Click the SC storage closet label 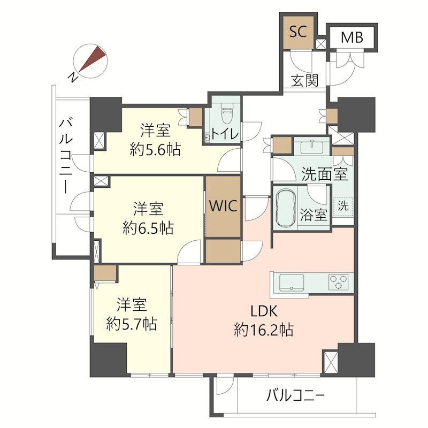pyautogui.click(x=298, y=32)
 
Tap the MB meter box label pyautogui.click(x=352, y=37)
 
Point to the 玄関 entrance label pyautogui.click(x=304, y=81)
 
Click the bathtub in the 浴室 pyautogui.click(x=286, y=208)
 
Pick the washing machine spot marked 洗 pyautogui.click(x=343, y=206)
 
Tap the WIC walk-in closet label pyautogui.click(x=223, y=206)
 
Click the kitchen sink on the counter pyautogui.click(x=291, y=282)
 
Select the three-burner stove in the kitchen pyautogui.click(x=339, y=282)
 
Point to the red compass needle pyautogui.click(x=92, y=59)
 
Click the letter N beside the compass pyautogui.click(x=72, y=78)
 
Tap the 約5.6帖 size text pyautogui.click(x=155, y=150)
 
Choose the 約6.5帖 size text pyautogui.click(x=148, y=228)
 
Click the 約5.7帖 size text pyautogui.click(x=132, y=324)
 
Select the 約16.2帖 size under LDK pyautogui.click(x=264, y=330)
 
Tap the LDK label pyautogui.click(x=264, y=311)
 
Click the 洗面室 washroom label pyautogui.click(x=325, y=174)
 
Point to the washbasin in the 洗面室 pyautogui.click(x=312, y=148)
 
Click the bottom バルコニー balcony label pyautogui.click(x=295, y=395)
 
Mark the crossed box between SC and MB pyautogui.click(x=320, y=44)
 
